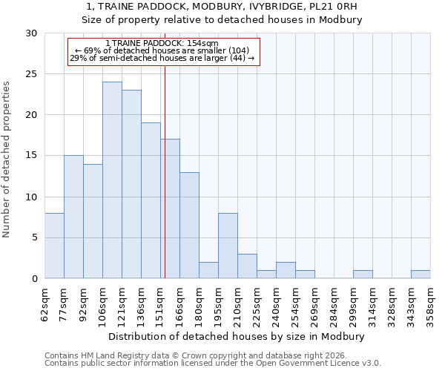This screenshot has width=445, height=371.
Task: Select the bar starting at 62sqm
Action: (x=54, y=246)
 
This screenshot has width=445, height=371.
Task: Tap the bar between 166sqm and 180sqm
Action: (x=189, y=226)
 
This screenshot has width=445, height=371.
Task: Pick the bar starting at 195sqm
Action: (x=228, y=246)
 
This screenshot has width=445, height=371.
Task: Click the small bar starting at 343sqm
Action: (x=421, y=275)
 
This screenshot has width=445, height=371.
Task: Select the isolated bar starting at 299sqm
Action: (x=363, y=275)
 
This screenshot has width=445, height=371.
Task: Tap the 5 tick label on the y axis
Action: (x=34, y=238)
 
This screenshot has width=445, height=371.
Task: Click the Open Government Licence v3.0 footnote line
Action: (x=213, y=364)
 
